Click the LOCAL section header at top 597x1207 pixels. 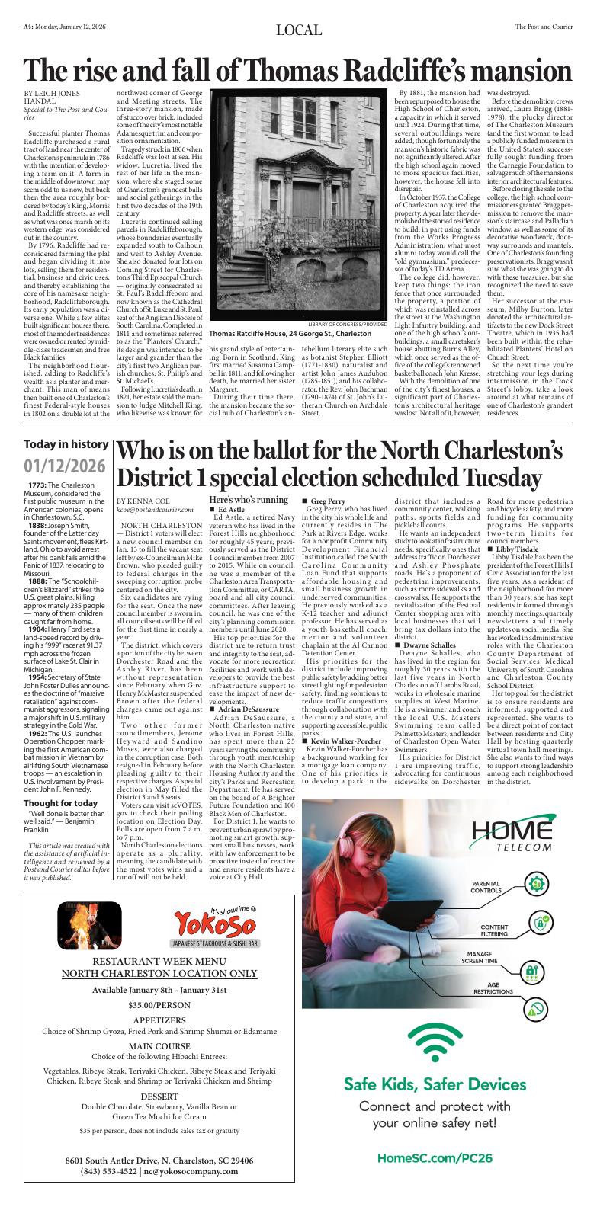click(x=298, y=30)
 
